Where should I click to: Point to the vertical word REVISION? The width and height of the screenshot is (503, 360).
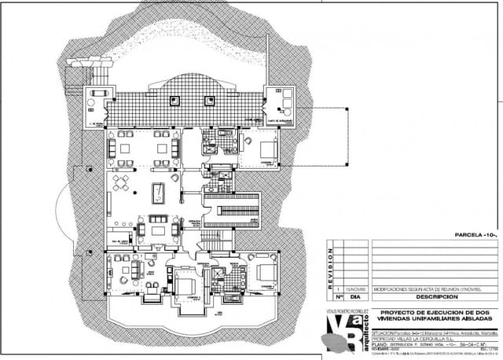pos(332,266)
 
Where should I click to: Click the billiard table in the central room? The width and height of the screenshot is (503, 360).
pos(157,191)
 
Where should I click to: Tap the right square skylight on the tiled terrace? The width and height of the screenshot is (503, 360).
pos(210,99)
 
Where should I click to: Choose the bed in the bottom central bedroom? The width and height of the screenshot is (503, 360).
pos(186,284)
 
